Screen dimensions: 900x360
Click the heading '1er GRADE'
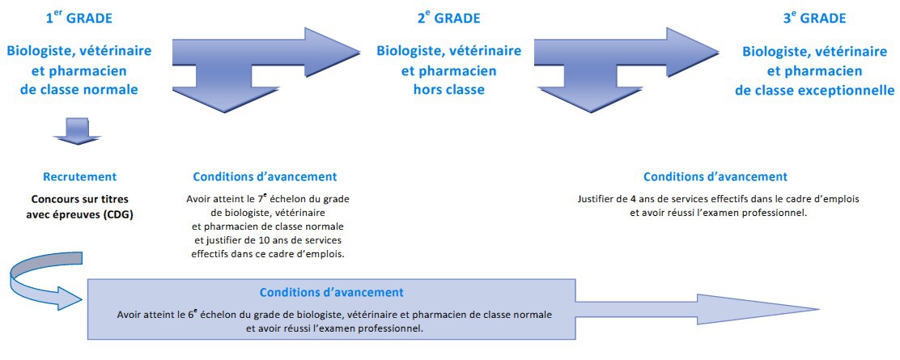[79, 18]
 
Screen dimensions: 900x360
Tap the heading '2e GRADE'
[449, 18]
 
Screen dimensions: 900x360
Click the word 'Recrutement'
[79, 176]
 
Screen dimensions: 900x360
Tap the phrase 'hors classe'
[449, 90]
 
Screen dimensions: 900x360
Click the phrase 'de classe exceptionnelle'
[814, 90]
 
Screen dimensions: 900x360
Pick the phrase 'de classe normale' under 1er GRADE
[79, 90]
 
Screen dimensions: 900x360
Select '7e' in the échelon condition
[260, 198]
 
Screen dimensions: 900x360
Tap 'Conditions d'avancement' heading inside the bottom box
[332, 292]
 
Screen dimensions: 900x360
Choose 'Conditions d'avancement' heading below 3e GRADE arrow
[715, 176]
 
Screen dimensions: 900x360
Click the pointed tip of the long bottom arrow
[818, 310]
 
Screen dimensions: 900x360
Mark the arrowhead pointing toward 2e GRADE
[333, 53]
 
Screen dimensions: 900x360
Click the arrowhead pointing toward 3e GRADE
[693, 53]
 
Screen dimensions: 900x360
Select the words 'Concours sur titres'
[79, 199]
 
